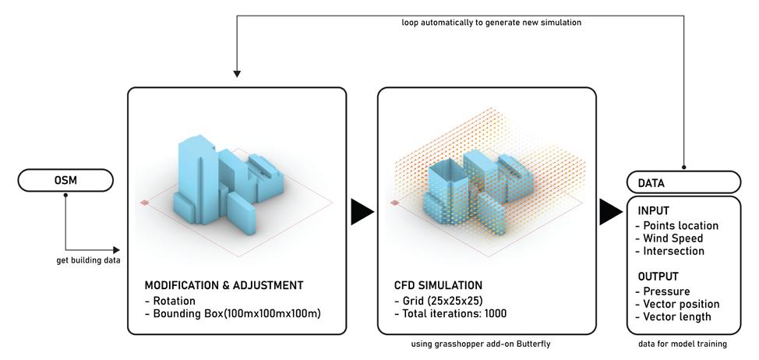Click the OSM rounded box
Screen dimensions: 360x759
click(65, 181)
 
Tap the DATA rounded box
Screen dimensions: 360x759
click(683, 182)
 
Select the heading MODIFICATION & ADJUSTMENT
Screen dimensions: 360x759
click(224, 285)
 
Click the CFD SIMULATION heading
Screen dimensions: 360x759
click(438, 285)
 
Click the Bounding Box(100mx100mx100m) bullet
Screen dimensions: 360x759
click(232, 314)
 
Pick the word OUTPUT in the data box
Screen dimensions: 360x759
click(658, 277)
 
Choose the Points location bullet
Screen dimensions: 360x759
click(676, 226)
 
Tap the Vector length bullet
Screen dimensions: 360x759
click(674, 316)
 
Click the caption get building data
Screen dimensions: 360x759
click(88, 260)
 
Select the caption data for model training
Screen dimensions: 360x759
click(683, 344)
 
